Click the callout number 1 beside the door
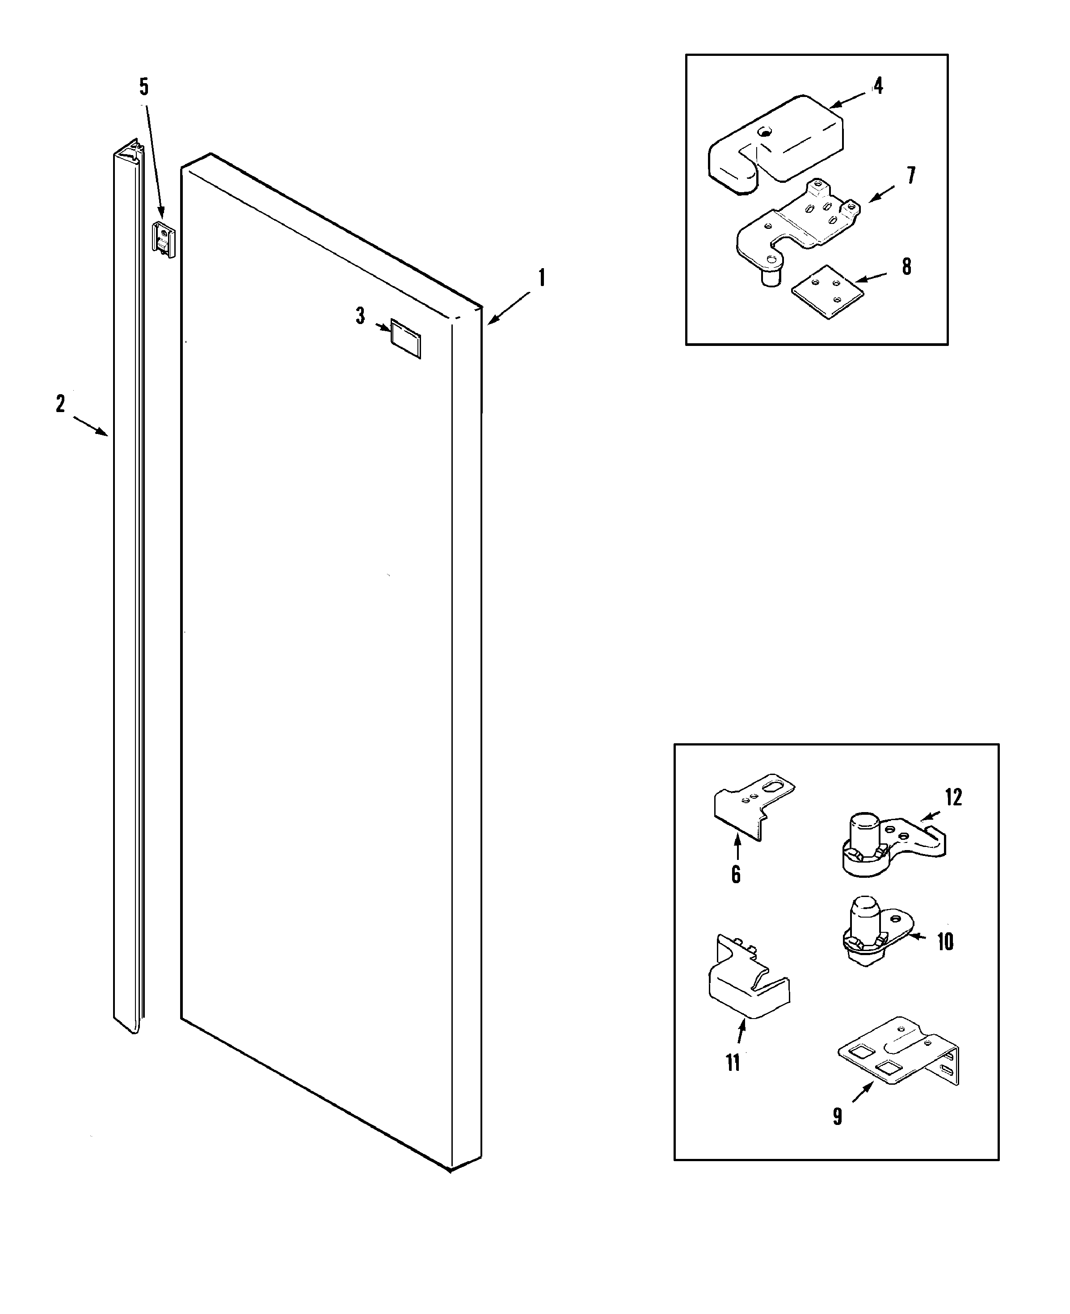coord(542,278)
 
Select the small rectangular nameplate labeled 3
coord(405,338)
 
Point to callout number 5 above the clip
coord(143,87)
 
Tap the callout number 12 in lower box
coord(953,797)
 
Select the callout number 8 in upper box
coord(906,267)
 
